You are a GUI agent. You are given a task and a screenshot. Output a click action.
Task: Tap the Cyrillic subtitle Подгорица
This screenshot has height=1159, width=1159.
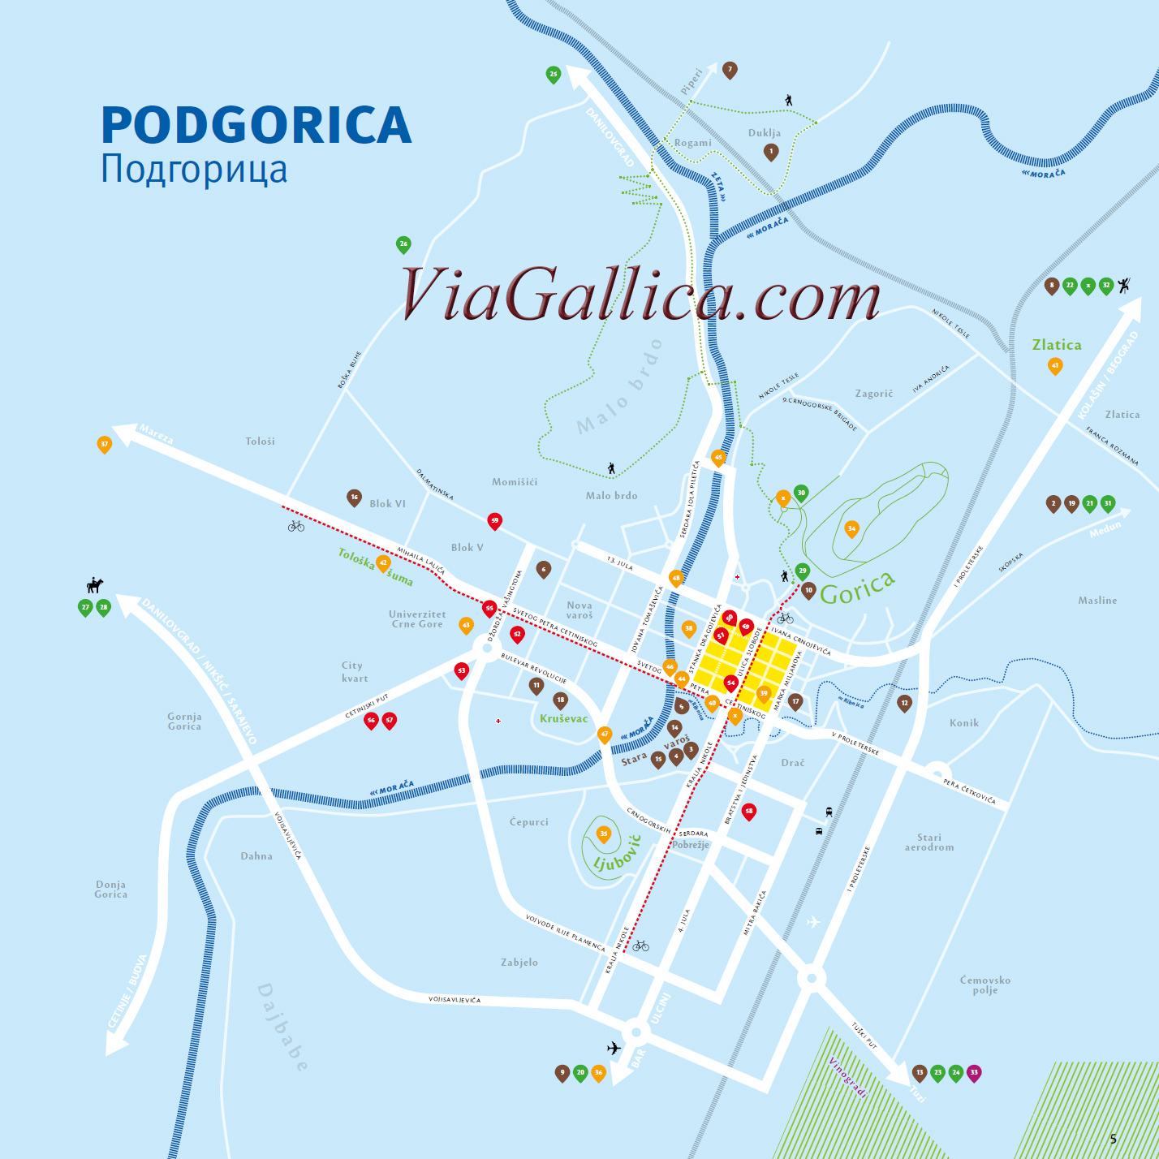[194, 169]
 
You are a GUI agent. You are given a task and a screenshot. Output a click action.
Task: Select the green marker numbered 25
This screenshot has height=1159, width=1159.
[554, 75]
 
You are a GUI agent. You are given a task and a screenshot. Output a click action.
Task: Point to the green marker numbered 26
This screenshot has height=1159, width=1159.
[403, 243]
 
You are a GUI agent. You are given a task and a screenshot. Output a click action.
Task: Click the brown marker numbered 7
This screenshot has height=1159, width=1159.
[730, 70]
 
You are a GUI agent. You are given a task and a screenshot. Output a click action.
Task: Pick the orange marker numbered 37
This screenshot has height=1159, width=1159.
[104, 444]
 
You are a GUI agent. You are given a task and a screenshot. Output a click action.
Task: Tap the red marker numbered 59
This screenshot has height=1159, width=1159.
[494, 520]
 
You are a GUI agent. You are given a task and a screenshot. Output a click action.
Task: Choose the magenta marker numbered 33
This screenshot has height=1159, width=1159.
[974, 1072]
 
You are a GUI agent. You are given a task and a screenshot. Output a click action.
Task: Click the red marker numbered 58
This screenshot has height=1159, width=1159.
[749, 811]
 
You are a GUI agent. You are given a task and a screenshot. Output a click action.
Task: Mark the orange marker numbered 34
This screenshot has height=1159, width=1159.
[851, 528]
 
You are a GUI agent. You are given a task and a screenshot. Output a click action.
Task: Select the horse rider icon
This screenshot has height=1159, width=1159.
[95, 584]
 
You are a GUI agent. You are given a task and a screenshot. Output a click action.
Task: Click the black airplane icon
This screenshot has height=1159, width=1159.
[614, 1048]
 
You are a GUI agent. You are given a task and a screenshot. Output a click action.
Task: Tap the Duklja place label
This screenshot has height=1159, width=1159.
[764, 133]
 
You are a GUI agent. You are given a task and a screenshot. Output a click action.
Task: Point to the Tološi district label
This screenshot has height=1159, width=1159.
[260, 442]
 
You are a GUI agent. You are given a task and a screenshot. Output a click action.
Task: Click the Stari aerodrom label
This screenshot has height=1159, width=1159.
[929, 842]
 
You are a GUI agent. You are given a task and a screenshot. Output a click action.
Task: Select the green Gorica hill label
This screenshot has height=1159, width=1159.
[857, 588]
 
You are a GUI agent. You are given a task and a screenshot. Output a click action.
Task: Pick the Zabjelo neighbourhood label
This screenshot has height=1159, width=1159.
[519, 963]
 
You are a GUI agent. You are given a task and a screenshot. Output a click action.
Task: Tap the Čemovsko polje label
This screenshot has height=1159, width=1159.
[985, 985]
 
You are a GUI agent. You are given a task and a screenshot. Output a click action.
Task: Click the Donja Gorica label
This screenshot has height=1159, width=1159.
[111, 890]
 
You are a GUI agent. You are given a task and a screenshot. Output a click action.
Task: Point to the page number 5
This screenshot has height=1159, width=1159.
[1114, 1139]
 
